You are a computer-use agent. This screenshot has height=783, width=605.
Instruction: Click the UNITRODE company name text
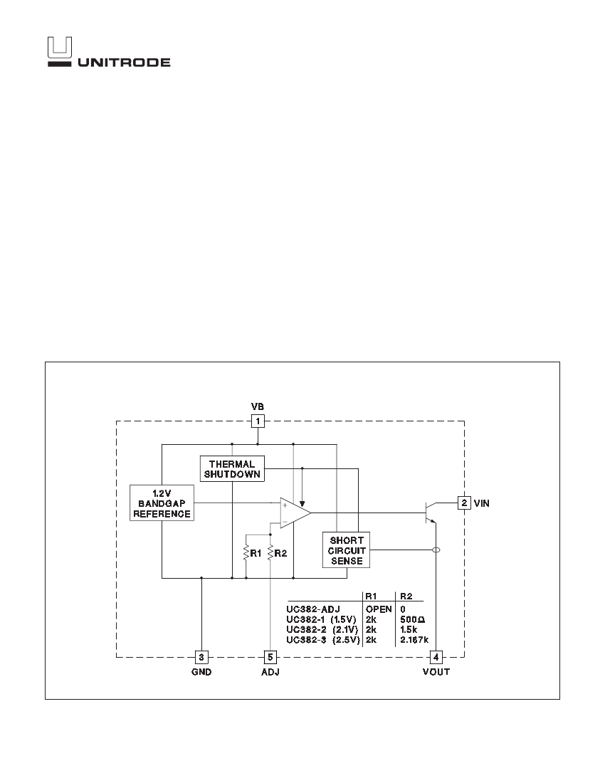123,62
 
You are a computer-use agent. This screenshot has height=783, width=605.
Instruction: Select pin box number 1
258,421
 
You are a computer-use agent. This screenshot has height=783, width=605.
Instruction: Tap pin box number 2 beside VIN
463,503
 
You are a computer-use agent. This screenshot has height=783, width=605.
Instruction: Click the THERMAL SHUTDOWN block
231,469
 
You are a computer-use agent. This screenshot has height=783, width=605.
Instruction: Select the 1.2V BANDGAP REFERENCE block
162,503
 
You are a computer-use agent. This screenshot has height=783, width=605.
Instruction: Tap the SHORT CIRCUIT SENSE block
347,550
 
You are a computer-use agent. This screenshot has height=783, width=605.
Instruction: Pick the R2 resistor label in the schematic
281,552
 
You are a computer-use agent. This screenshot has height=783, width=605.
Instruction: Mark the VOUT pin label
436,672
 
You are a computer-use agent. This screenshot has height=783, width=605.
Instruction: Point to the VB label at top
258,406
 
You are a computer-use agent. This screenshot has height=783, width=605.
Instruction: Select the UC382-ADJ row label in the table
313,609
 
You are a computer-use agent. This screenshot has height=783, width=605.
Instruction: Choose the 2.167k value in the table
414,640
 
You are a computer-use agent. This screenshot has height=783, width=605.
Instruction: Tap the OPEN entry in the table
379,609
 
